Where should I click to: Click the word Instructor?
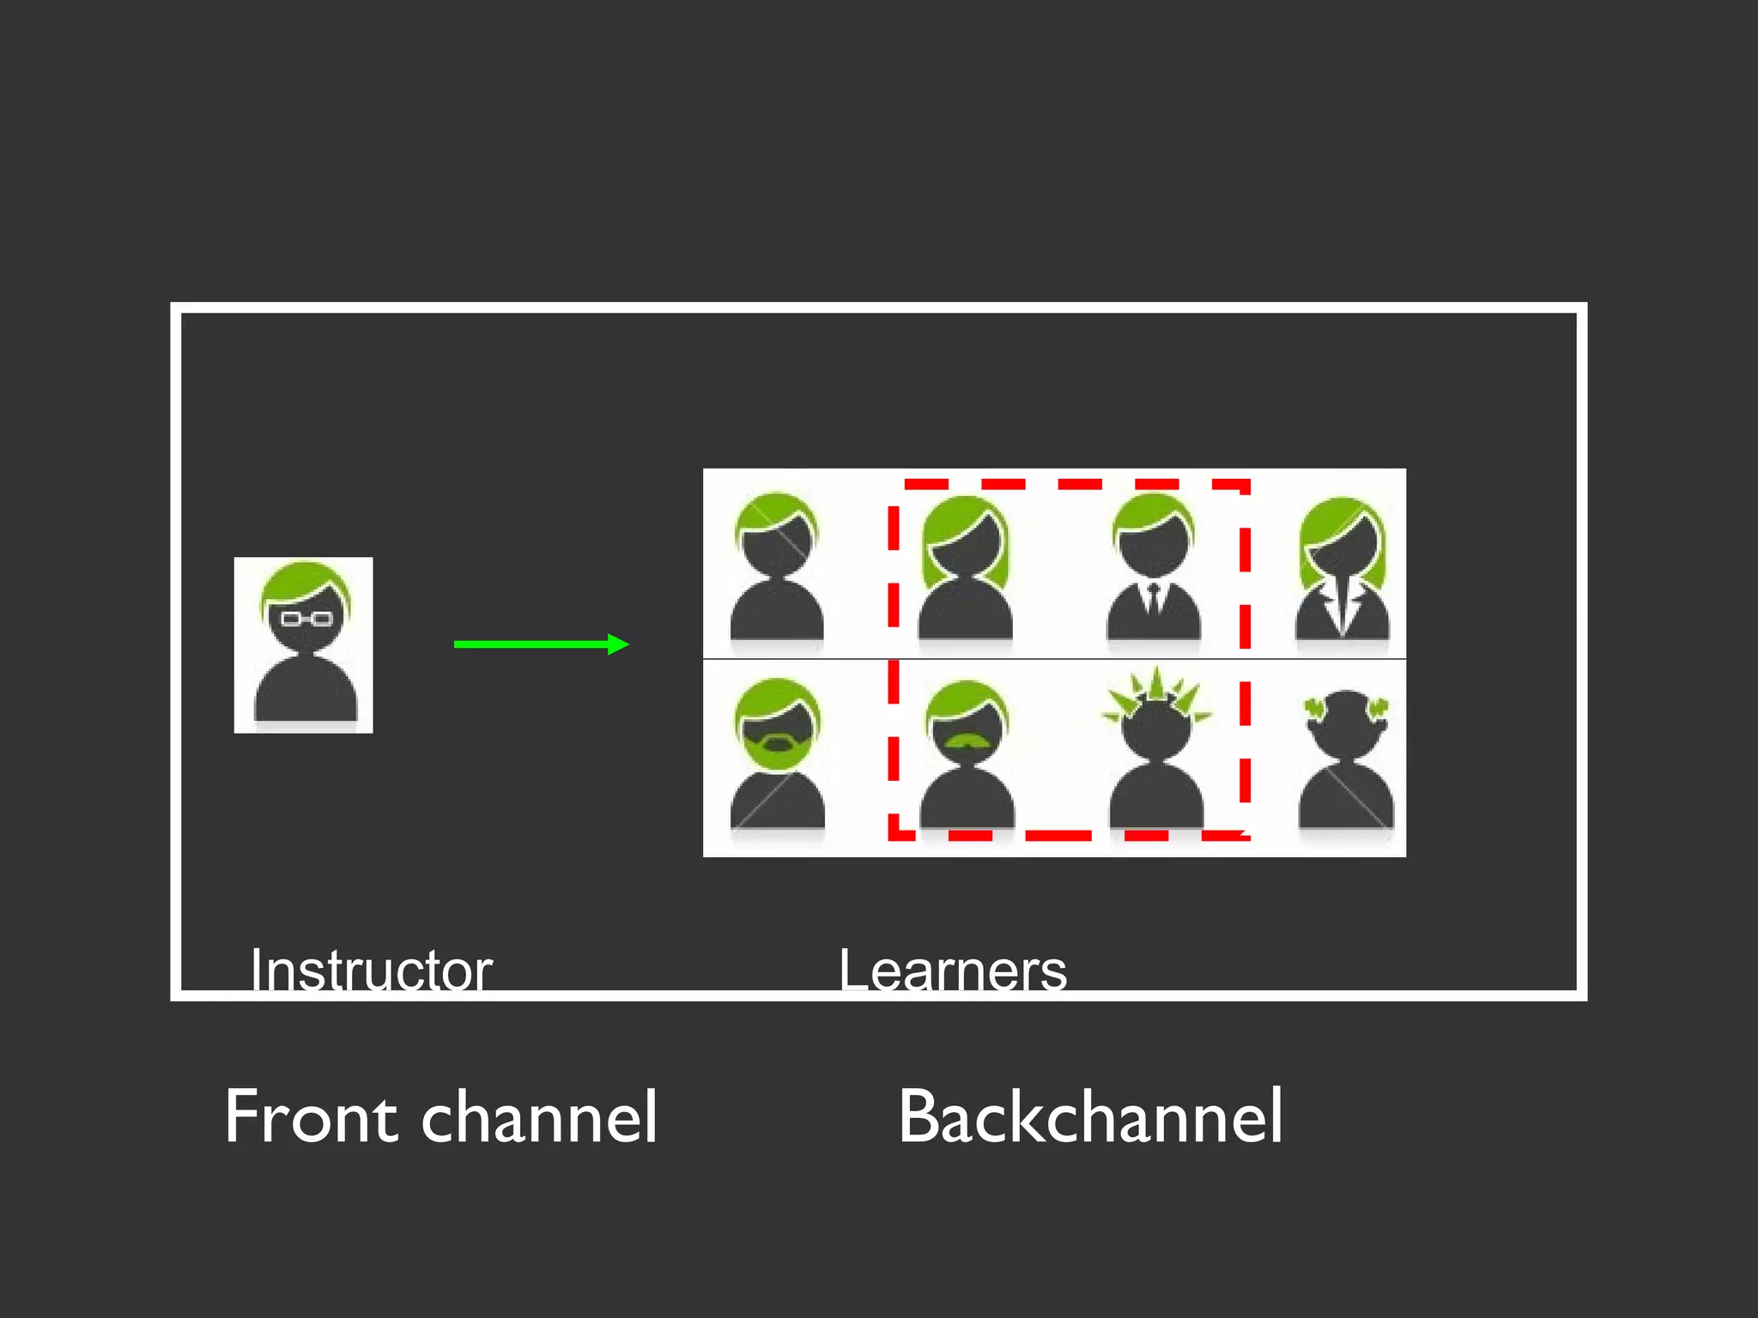click(x=371, y=970)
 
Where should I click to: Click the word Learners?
click(x=953, y=970)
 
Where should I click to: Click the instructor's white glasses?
click(x=306, y=618)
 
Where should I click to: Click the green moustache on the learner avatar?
click(x=967, y=740)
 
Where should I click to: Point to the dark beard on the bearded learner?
click(x=776, y=741)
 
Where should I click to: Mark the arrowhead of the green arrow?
click(x=618, y=644)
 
